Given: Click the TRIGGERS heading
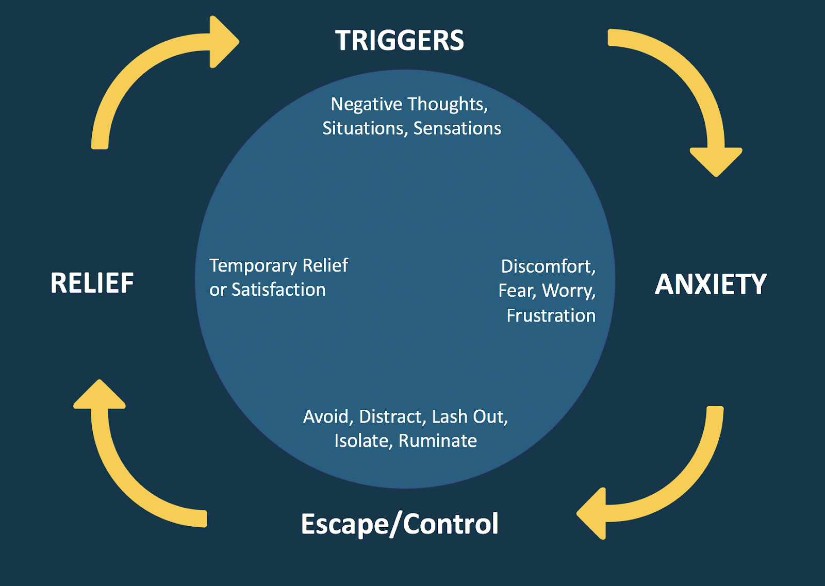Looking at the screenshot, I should pyautogui.click(x=399, y=41).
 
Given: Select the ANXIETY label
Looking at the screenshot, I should pyautogui.click(x=711, y=284).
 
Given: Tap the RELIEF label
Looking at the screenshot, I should pyautogui.click(x=92, y=283).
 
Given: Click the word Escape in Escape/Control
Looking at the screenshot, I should pyautogui.click(x=344, y=524).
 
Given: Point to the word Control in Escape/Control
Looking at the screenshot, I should pyautogui.click(x=451, y=524).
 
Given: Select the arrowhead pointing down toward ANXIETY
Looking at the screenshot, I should pyautogui.click(x=716, y=161).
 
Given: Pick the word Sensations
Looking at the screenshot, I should pyautogui.click(x=457, y=128).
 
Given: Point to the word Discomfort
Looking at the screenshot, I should pyautogui.click(x=547, y=266).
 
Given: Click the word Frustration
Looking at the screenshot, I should pyautogui.click(x=551, y=315).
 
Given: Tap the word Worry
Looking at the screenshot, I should pyautogui.click(x=568, y=291).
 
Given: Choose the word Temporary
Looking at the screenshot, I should pyautogui.click(x=253, y=266).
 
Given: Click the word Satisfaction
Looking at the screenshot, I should pyautogui.click(x=278, y=290).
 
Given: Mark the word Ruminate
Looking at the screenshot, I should pyautogui.click(x=437, y=441).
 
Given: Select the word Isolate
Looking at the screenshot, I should pyautogui.click(x=364, y=441).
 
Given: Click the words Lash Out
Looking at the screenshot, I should pyautogui.click(x=469, y=416).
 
